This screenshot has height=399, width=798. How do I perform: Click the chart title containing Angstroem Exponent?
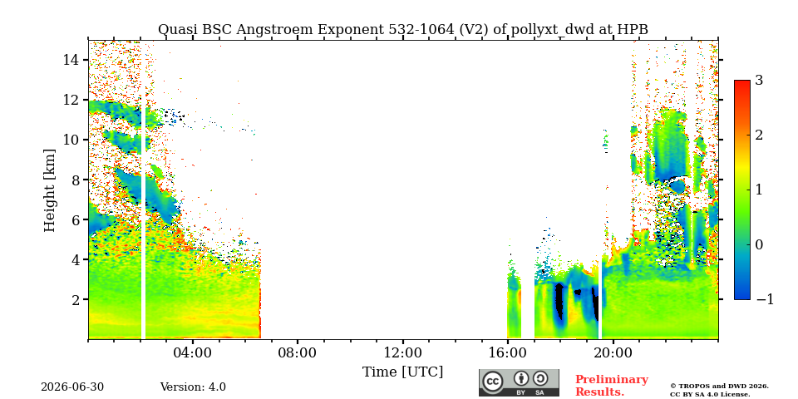[403, 30]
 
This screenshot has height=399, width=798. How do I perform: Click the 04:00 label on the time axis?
[192, 352]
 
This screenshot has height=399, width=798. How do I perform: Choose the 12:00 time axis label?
[402, 352]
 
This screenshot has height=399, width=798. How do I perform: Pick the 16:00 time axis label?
[508, 352]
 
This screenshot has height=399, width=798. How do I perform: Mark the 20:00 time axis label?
[613, 352]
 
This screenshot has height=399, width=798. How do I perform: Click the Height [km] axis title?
[49, 190]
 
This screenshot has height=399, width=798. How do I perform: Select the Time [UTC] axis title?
[402, 372]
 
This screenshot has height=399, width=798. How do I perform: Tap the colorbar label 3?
[759, 81]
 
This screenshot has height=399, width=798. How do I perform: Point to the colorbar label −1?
[765, 299]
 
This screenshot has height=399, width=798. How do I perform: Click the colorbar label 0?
[759, 244]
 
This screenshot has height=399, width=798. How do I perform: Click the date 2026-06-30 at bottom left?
[72, 387]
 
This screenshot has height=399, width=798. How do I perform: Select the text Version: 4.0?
[193, 387]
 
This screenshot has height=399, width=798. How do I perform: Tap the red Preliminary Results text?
[612, 386]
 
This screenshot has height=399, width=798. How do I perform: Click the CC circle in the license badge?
[493, 382]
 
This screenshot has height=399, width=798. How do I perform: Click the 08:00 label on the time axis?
[298, 352]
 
